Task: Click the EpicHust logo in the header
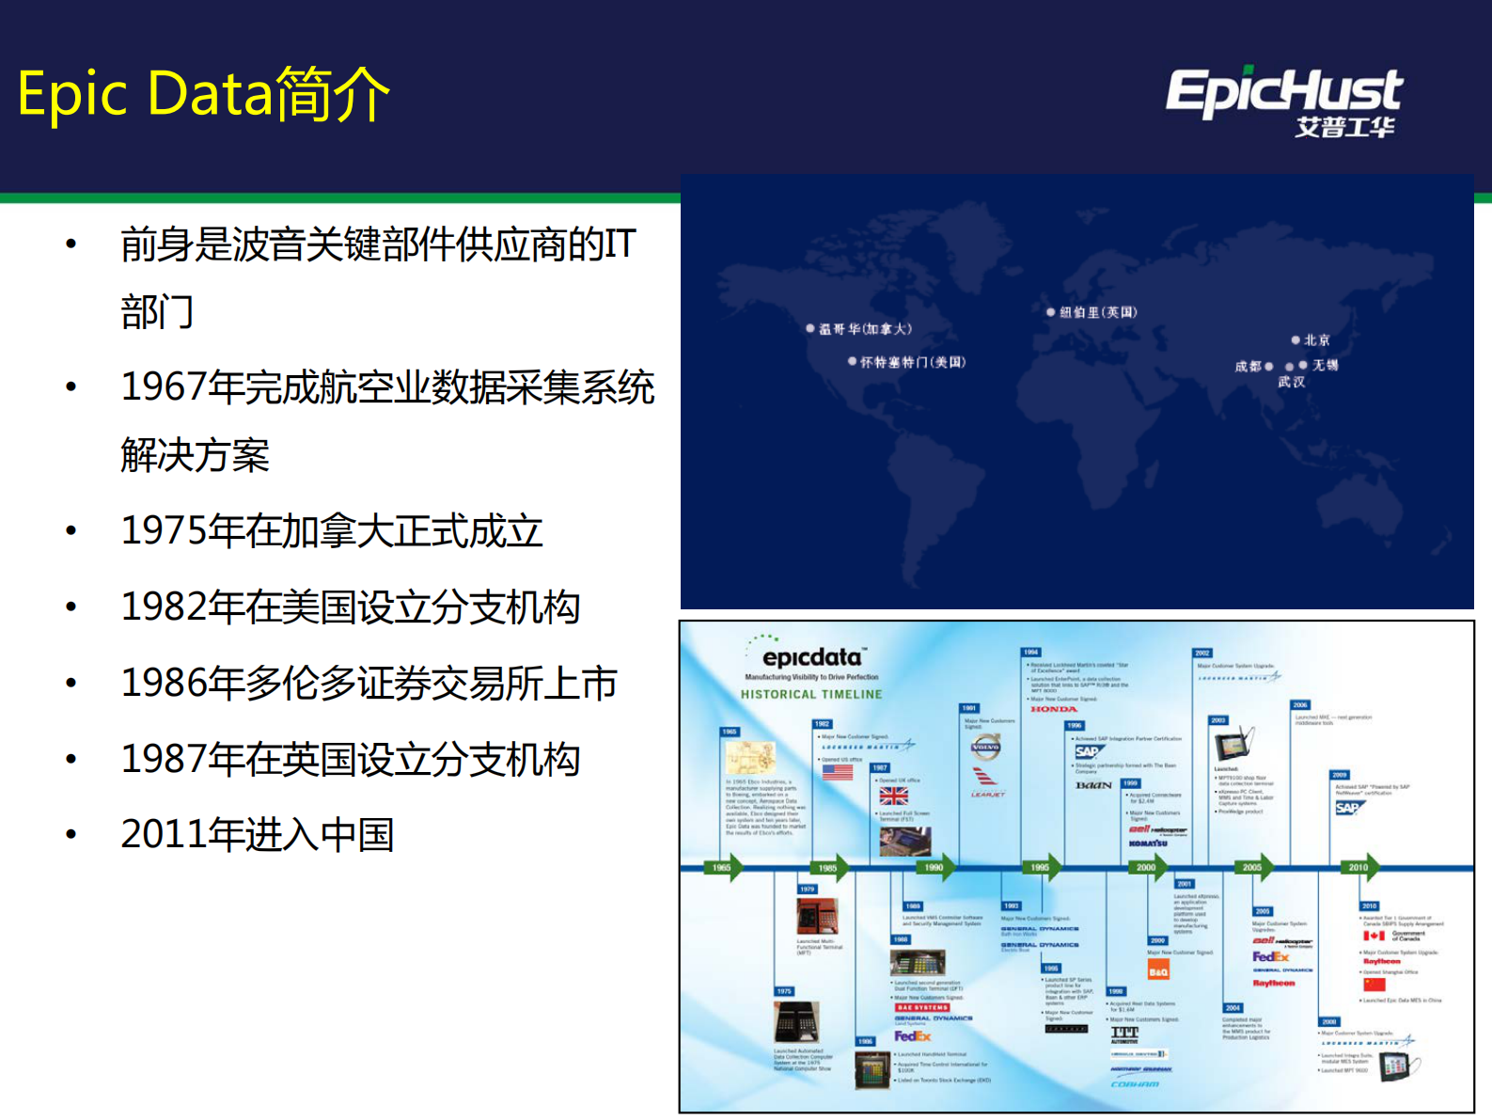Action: point(1284,101)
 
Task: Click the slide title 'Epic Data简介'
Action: point(203,94)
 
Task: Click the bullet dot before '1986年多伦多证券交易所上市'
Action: point(71,684)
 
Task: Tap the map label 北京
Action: point(1316,340)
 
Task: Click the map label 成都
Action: point(1248,366)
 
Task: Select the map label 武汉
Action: point(1291,382)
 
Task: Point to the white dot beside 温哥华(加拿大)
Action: point(810,328)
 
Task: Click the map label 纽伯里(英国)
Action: point(1098,312)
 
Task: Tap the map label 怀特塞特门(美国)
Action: point(912,362)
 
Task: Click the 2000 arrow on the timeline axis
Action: point(1147,867)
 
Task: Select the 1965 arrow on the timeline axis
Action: point(723,867)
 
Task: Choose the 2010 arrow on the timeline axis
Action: point(1359,867)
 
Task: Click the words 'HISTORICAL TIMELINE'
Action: point(811,695)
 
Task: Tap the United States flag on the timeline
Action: point(837,772)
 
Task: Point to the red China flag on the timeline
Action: point(1374,985)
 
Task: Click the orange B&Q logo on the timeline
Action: point(1158,971)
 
